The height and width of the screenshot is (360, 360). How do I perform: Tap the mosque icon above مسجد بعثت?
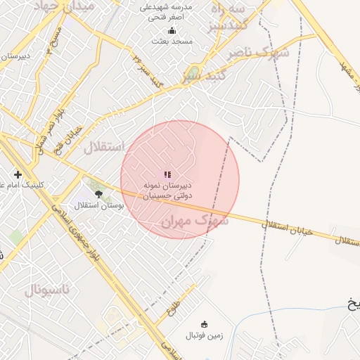coord(172,30)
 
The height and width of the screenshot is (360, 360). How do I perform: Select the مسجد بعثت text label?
coord(172,41)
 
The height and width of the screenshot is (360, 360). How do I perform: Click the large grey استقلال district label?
coord(103,148)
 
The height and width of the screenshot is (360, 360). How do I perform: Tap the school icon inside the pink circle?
coord(167,174)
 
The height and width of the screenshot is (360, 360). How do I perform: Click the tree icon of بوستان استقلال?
coord(98,194)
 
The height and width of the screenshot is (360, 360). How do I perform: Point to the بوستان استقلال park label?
coord(99,206)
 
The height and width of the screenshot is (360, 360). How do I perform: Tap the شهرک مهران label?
coord(195,221)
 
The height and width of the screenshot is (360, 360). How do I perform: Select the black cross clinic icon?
coord(18,174)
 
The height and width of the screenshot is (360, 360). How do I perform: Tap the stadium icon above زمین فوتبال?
coord(205,324)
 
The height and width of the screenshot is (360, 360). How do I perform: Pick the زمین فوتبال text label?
coord(205,335)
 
